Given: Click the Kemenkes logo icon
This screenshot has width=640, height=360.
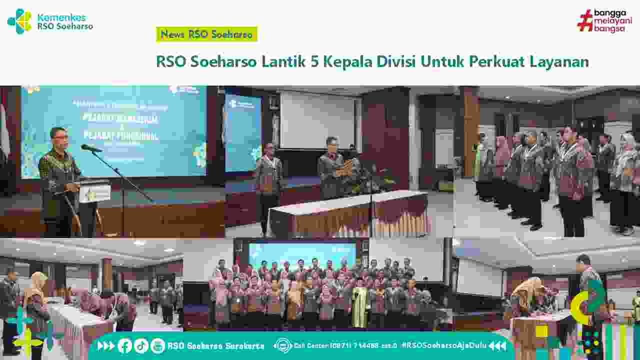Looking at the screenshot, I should (x=19, y=21).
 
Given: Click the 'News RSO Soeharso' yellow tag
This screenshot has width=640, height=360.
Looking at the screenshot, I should (x=206, y=34).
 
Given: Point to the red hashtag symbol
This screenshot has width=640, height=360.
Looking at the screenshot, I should (x=585, y=21).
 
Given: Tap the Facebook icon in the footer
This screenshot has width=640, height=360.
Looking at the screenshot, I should (x=125, y=345).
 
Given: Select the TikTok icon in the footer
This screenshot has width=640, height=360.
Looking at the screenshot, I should (x=141, y=345).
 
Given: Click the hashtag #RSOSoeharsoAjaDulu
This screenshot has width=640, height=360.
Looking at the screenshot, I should (x=442, y=345).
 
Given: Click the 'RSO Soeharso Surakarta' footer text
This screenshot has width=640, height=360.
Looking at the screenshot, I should (x=215, y=345).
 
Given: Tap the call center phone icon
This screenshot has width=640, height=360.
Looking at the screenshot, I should (x=283, y=345).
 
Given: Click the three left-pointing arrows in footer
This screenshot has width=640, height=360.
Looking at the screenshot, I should (x=497, y=345).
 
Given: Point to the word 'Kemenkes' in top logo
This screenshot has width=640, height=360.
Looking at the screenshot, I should (x=61, y=17).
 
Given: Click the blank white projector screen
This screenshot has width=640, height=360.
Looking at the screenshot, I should (x=317, y=120).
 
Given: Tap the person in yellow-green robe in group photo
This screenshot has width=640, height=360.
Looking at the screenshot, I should (x=359, y=305).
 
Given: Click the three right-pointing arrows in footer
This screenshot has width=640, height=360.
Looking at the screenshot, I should (x=106, y=345).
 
